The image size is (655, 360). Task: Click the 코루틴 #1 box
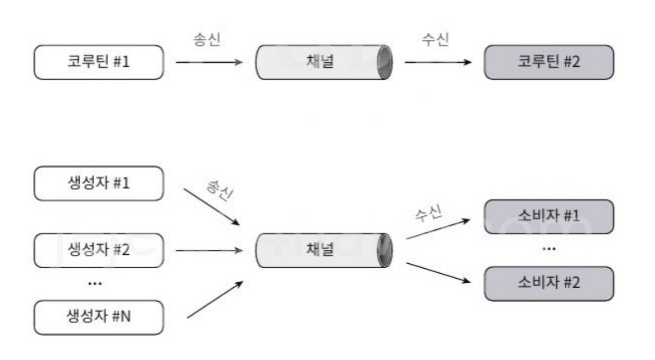click(98, 62)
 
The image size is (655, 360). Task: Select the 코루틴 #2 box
click(549, 62)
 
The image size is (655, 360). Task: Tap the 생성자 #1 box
click(98, 183)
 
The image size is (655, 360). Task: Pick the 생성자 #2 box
click(98, 250)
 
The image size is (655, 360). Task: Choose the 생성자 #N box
click(98, 317)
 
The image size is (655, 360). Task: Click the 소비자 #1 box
click(549, 216)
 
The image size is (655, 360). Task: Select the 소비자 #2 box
click(549, 283)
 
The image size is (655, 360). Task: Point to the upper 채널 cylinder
click(324, 62)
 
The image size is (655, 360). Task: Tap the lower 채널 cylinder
click(324, 250)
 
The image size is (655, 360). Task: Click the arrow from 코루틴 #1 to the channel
click(209, 63)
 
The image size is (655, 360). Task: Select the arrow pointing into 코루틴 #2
click(438, 63)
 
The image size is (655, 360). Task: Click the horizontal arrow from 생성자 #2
click(209, 250)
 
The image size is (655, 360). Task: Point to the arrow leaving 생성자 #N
click(214, 299)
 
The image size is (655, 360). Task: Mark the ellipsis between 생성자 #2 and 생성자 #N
click(95, 283)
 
